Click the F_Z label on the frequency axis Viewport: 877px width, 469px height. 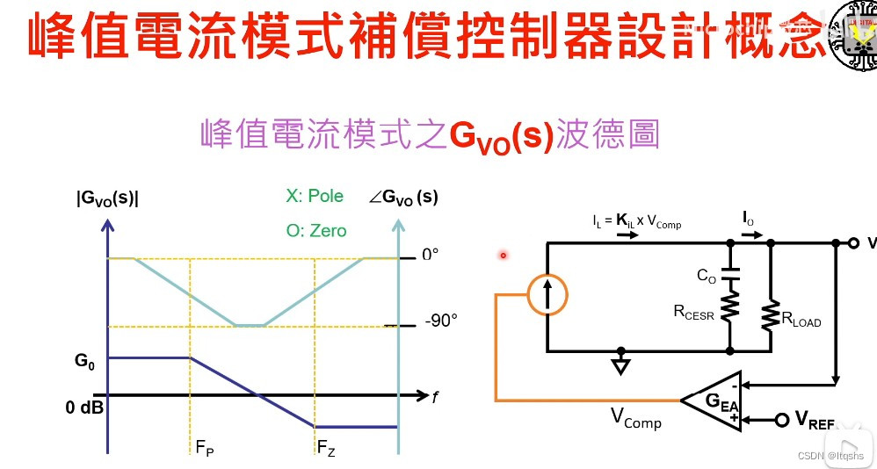pos(326,450)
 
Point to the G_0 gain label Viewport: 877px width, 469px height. pos(84,361)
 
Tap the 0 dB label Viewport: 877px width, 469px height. pos(85,408)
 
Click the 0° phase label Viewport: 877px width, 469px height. pos(430,255)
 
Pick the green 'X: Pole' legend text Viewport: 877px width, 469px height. pos(315,196)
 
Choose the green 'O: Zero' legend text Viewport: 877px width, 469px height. pos(316,231)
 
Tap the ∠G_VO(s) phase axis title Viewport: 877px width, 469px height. pos(403,198)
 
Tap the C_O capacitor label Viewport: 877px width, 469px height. pos(707,276)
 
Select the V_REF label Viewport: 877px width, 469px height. pos(815,420)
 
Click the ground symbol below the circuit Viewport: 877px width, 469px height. pos(621,364)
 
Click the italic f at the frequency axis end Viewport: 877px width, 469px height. pos(433,397)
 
